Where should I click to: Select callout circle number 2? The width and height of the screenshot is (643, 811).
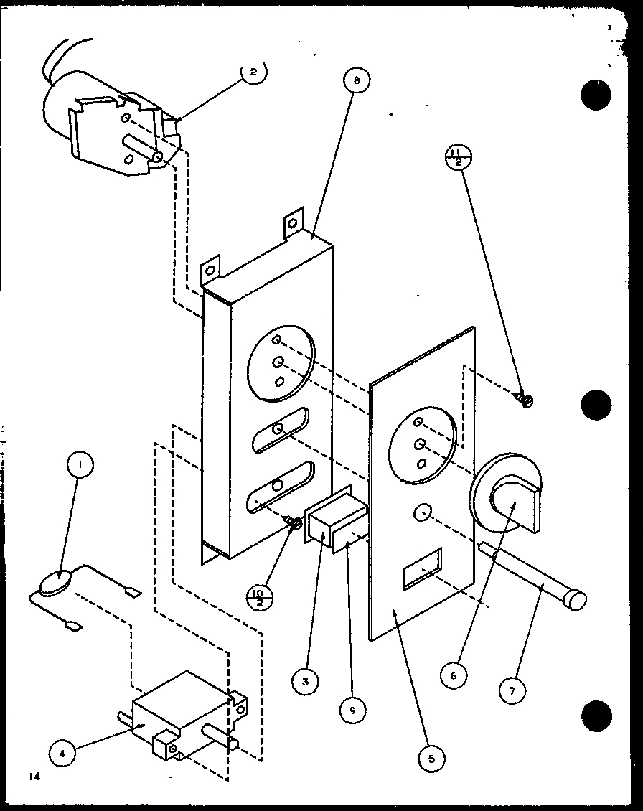(x=253, y=73)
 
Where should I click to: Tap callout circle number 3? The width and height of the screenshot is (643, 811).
(x=305, y=682)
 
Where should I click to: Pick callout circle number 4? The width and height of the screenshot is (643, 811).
(x=62, y=754)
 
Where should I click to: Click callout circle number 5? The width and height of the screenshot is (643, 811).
(x=432, y=758)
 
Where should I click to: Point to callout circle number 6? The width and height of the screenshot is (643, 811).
(x=455, y=675)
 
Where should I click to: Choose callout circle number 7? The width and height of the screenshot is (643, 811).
(x=513, y=690)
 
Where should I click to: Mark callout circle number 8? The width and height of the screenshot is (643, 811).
(x=356, y=81)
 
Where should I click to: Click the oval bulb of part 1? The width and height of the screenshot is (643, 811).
(x=55, y=582)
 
